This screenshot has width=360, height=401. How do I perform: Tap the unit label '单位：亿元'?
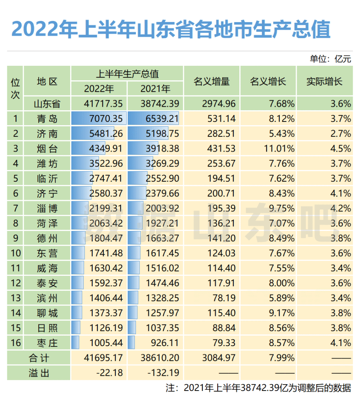[330, 59]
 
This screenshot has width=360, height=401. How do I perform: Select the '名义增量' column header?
[212, 81]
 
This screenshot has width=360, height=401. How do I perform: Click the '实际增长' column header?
[324, 81]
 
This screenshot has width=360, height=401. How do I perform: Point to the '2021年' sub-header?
[156, 89]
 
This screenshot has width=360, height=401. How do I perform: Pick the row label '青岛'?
[47, 119]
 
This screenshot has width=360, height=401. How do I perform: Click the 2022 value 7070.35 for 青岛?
[104, 119]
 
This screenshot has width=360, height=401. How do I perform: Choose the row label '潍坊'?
[47, 164]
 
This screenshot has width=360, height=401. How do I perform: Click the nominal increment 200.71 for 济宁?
[222, 194]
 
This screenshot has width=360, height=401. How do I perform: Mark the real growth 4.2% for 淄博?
[341, 209]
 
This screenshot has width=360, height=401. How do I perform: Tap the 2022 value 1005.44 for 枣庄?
[104, 343]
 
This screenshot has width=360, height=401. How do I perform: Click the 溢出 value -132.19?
[162, 373]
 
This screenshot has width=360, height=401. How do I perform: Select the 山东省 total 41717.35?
[104, 104]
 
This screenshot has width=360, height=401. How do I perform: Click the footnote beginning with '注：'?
[259, 388]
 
